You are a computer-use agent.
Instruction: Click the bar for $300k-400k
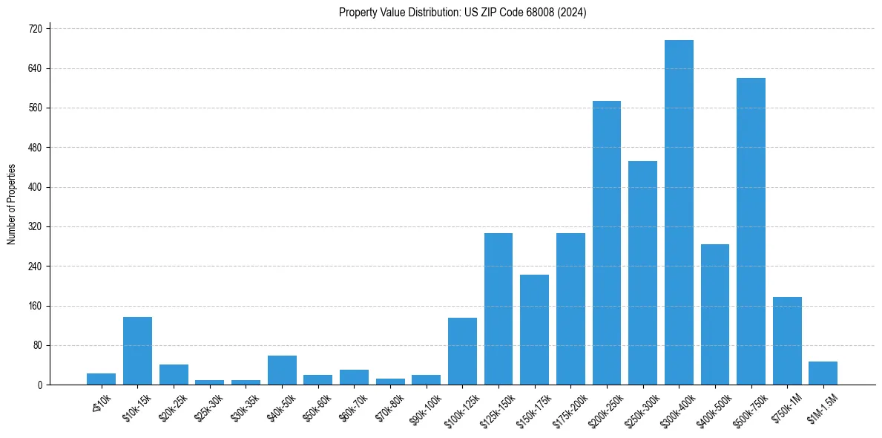(x=679, y=212)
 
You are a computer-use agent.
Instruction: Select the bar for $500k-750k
(x=751, y=232)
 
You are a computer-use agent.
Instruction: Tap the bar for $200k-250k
(x=606, y=243)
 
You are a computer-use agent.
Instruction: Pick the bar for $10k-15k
(x=137, y=350)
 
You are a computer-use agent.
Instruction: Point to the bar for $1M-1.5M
(x=823, y=373)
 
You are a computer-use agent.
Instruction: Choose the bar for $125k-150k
(x=498, y=309)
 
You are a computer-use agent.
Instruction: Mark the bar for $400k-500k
(x=714, y=315)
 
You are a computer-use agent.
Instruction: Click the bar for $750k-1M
(x=787, y=341)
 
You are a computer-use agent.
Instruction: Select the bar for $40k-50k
(x=282, y=370)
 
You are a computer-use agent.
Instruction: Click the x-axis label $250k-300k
(x=639, y=408)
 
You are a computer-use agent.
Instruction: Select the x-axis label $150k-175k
(x=530, y=408)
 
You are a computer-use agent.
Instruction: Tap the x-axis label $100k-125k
(x=458, y=408)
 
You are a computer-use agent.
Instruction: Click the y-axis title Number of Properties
(x=12, y=204)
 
